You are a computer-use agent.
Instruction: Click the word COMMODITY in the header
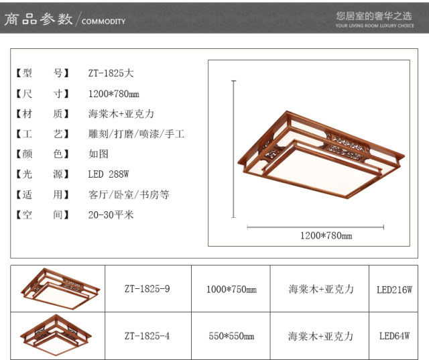click(103, 21)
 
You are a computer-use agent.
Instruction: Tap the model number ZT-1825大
click(111, 73)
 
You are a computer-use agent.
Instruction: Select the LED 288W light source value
click(109, 174)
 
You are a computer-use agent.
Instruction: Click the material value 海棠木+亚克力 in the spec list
click(121, 114)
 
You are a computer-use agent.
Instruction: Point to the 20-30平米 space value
click(111, 215)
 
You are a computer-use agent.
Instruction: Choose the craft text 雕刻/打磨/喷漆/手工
click(136, 134)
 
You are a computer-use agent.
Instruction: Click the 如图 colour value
click(99, 154)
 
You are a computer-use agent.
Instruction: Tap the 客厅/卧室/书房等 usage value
click(129, 194)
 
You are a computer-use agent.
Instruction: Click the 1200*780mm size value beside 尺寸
click(113, 94)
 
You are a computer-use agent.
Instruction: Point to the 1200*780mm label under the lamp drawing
click(326, 235)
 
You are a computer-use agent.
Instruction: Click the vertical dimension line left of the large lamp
click(233, 149)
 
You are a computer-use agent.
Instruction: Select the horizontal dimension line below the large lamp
click(315, 227)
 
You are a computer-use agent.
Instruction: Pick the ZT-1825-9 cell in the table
click(147, 288)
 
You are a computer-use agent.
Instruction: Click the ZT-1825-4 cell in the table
click(147, 336)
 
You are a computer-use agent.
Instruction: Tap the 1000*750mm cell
click(231, 289)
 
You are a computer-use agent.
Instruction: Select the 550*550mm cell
click(231, 336)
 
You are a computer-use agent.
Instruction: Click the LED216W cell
click(394, 290)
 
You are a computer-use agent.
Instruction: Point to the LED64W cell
click(394, 336)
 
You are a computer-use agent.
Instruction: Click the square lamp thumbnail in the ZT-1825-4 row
click(56, 335)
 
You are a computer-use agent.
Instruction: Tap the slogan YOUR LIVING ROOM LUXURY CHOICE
click(375, 25)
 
